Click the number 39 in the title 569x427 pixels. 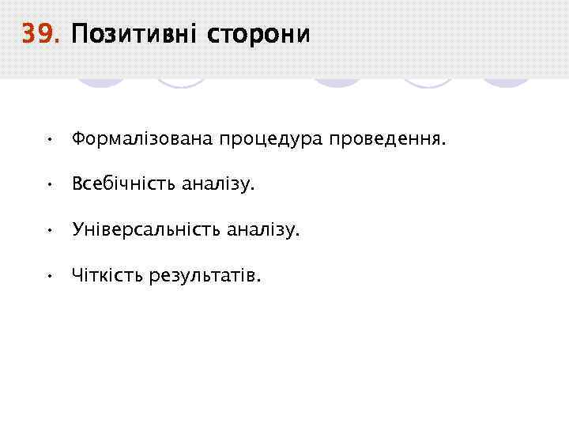40,35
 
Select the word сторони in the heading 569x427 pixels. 258,36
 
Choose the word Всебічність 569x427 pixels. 123,184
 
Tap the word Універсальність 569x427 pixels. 146,230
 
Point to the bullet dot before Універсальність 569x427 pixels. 49,231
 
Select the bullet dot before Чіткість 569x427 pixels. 49,277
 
